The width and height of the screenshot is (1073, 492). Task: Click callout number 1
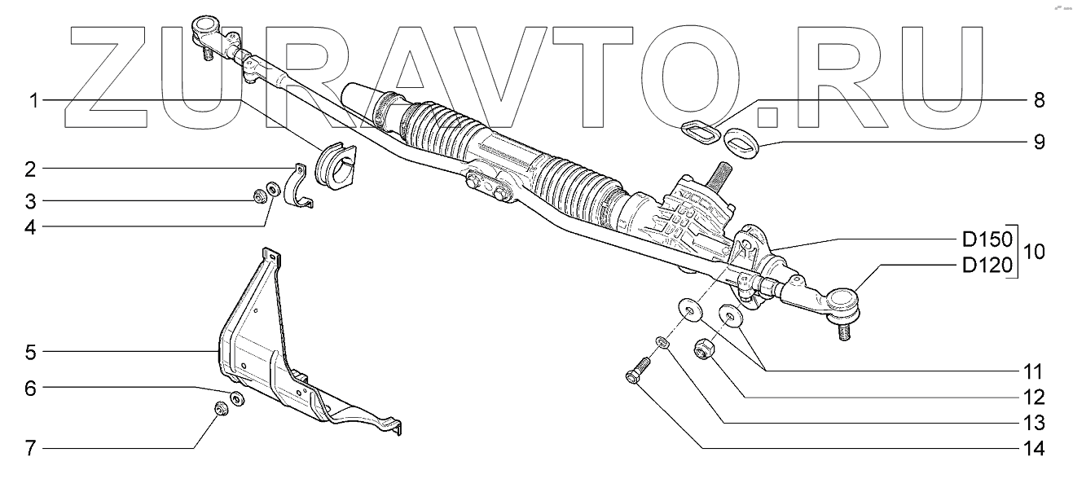[x=33, y=101]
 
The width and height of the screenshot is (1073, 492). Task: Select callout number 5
[x=30, y=353]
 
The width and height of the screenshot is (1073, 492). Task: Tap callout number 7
[x=30, y=449]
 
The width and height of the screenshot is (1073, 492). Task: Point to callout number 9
[x=1038, y=142]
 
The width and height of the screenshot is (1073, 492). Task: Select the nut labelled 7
[x=219, y=407]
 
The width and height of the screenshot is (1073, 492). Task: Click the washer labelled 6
[x=237, y=399]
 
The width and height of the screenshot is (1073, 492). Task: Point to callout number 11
[x=1033, y=372]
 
